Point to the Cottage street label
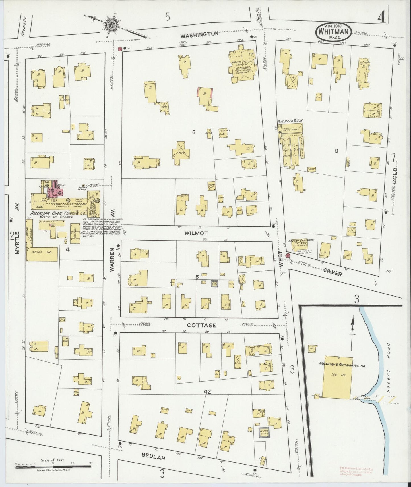(x=202, y=325)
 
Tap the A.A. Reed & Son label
(x=290, y=121)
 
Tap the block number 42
(x=207, y=392)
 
